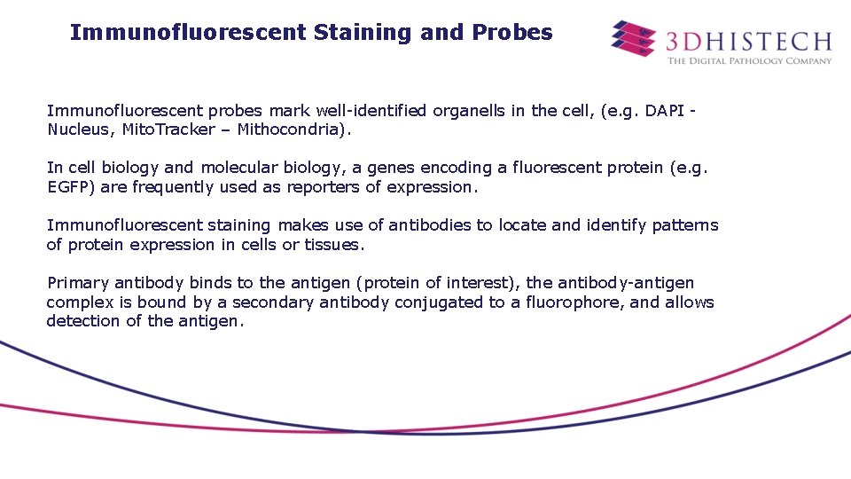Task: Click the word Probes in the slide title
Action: [512, 33]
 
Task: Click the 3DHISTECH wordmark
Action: [749, 41]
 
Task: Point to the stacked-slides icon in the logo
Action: [634, 38]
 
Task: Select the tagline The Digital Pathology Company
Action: [749, 61]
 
